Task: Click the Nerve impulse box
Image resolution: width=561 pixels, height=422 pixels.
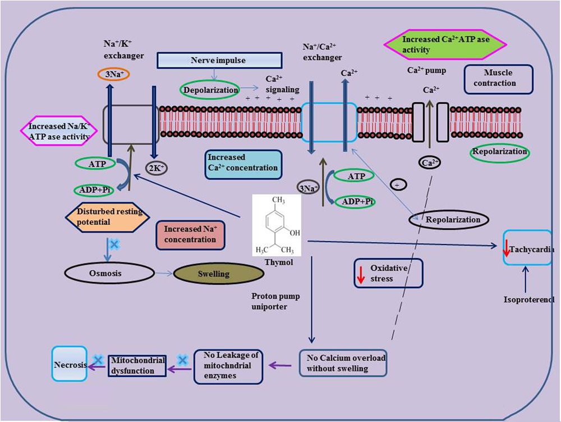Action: pos(218,61)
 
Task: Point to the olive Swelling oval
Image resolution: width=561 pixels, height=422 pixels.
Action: pos(219,274)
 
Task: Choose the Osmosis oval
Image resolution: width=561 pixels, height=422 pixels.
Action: pos(109,274)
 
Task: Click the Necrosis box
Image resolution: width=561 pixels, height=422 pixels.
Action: pos(70,365)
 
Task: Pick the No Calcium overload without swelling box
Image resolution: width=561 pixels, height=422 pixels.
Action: pos(343,363)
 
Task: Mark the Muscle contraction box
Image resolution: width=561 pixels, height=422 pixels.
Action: pos(498,79)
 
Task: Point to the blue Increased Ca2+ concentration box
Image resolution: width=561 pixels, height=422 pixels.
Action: pos(242,163)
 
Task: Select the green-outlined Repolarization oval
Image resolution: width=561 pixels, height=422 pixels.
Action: pos(499,152)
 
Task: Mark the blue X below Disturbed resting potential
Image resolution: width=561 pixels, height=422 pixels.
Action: pos(113,244)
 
